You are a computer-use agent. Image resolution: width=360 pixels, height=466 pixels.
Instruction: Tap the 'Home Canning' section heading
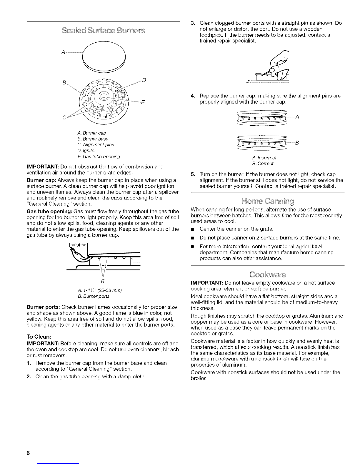pos(268,202)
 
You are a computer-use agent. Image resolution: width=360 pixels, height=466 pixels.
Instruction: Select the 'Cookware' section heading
pos(268,275)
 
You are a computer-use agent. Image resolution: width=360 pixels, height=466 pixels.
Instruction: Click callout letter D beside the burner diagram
pos(144,80)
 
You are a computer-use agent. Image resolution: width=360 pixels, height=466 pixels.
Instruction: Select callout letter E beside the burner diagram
pos(142,102)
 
